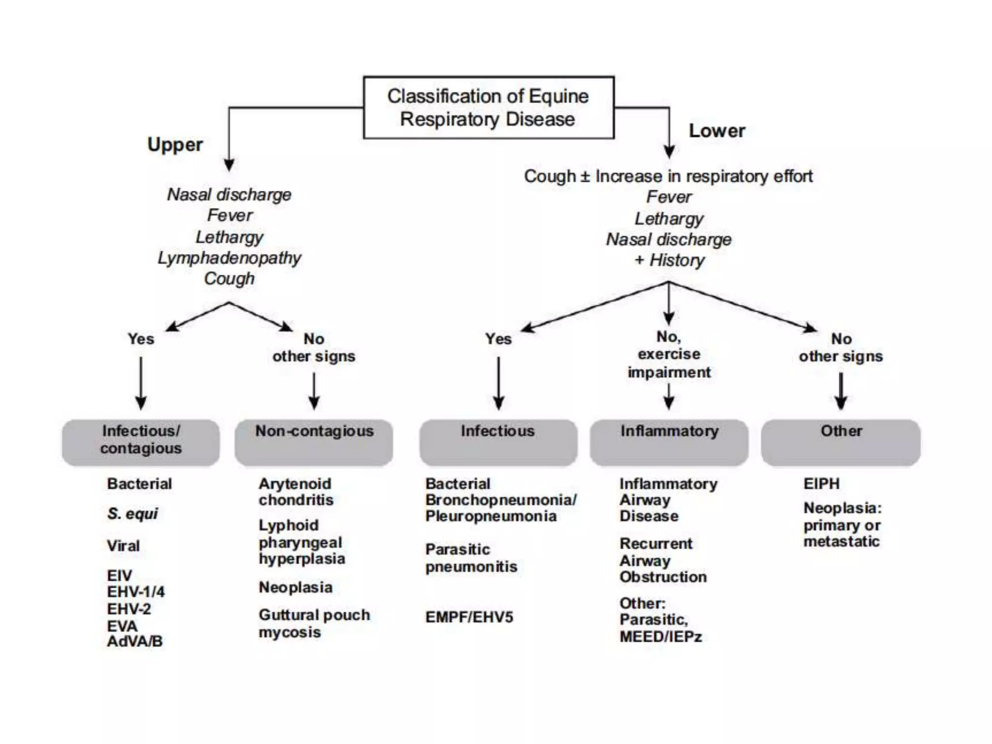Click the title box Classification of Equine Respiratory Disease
488,108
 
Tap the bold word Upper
175,144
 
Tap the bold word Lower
717,131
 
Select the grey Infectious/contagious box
140,442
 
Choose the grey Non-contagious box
314,442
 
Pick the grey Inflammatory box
669,442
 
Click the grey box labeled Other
840,442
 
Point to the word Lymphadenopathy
229,258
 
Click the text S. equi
132,513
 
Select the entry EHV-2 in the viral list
129,609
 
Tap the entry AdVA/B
135,641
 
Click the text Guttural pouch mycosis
314,623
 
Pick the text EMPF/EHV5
469,617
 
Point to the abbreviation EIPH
821,483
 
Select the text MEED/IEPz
661,636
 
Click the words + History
669,260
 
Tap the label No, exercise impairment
669,354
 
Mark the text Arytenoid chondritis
295,492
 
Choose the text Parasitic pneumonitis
471,558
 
